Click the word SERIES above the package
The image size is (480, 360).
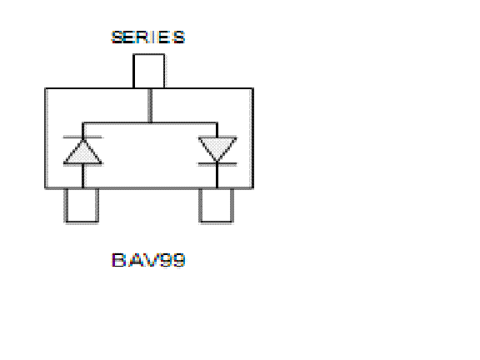(148, 37)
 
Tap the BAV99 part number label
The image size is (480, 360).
(148, 260)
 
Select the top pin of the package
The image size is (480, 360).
(149, 71)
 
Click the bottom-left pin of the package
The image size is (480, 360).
(82, 206)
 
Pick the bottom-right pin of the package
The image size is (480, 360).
(217, 206)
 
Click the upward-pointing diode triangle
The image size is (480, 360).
(82, 152)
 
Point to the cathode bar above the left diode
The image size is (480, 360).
(83, 137)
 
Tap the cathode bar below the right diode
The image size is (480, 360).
(217, 164)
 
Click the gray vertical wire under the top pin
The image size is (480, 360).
(150, 106)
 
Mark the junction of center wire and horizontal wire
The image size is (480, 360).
(150, 123)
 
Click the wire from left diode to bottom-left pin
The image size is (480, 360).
(83, 176)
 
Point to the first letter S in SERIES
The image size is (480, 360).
(117, 37)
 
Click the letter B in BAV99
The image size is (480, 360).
(118, 260)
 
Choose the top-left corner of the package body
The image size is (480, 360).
(45, 88)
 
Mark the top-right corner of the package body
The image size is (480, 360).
(253, 88)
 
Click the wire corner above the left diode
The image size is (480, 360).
(82, 123)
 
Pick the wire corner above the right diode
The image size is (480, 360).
(217, 123)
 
